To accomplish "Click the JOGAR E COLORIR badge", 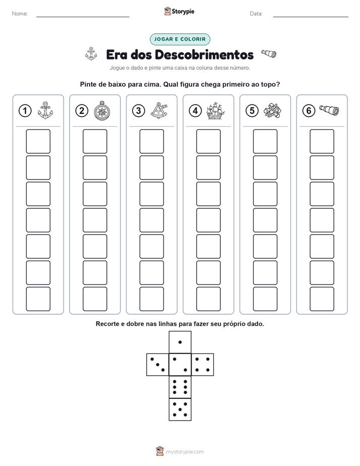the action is [179, 39].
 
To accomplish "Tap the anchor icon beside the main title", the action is [91, 54].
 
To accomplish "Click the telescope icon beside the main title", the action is [269, 54].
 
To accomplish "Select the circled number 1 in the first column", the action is [25, 111].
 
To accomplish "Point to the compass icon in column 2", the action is [102, 111].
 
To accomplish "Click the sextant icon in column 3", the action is [159, 110].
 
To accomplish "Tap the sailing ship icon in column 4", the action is [215, 111].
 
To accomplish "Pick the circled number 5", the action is [252, 111].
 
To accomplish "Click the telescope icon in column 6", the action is [329, 110].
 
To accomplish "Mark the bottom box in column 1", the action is [38, 299].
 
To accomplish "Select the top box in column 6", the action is [322, 141].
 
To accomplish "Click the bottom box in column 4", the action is [208, 299].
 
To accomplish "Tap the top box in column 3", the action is [151, 141].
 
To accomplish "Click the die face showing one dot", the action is [180, 342].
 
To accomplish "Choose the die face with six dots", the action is [180, 387].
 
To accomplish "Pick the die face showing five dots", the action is [180, 410].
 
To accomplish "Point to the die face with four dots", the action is [203, 365].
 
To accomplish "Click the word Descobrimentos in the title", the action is [204, 54].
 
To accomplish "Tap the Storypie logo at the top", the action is [179, 11].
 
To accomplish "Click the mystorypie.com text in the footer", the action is [185, 452].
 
